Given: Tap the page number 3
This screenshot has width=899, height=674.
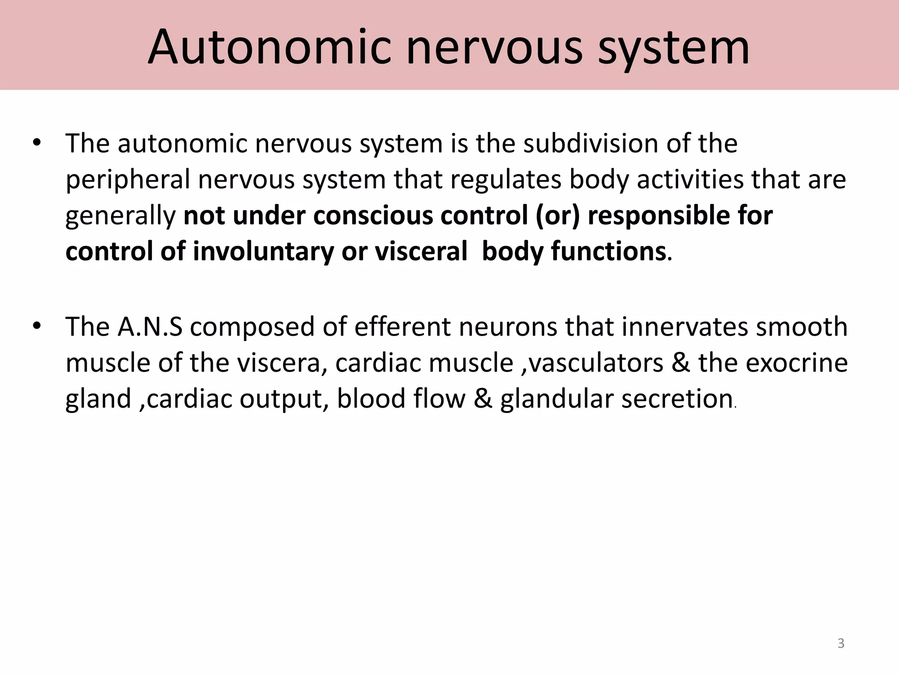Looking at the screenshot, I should click(841, 643).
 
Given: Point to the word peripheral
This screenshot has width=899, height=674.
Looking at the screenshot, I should click(128, 180).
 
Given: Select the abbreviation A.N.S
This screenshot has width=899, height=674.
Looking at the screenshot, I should click(150, 326).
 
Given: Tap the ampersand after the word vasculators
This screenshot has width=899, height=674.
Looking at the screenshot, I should click(681, 363).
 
